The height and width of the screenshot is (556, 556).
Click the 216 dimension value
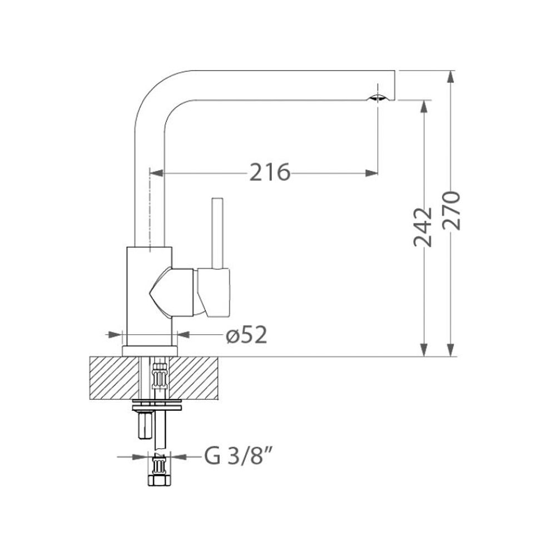(270, 172)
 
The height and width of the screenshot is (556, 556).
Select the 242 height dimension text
(423, 227)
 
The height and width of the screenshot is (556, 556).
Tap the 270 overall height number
(451, 211)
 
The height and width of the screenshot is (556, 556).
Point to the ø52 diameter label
(246, 335)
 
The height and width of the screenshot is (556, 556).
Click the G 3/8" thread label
(239, 456)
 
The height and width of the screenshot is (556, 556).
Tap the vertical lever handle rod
(217, 233)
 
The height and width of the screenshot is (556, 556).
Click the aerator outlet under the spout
(378, 98)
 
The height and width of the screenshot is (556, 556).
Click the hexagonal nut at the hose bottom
(158, 480)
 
